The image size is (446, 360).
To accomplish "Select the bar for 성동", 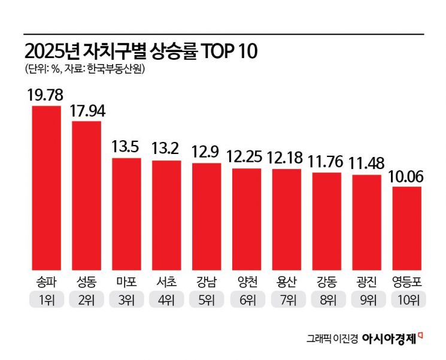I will (86, 195).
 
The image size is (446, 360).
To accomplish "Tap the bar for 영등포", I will (407, 228).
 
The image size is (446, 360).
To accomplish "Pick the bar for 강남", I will (207, 216).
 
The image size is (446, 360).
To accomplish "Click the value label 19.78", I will (46, 94).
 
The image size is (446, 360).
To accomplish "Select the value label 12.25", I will (247, 157).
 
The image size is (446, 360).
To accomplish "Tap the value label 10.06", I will (407, 176).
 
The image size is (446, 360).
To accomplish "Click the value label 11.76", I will (327, 161).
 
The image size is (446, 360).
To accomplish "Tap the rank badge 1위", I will (46, 299).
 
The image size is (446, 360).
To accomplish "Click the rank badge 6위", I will (247, 299).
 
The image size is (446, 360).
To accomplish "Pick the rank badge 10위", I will (407, 299).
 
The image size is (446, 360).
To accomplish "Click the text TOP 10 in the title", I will (227, 52).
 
